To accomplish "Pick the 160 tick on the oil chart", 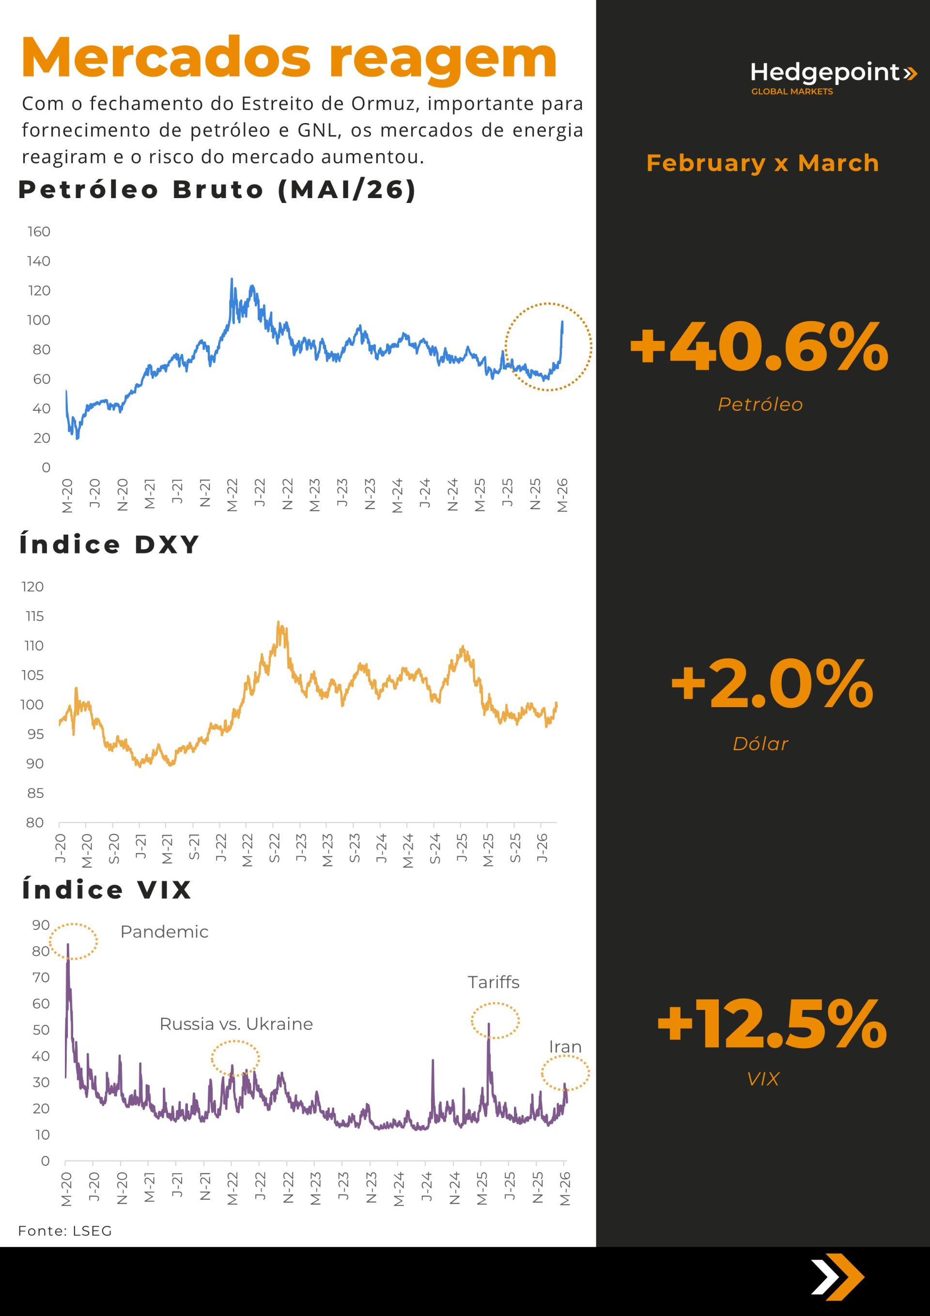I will click(39, 232).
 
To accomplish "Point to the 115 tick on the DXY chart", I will click(34, 616).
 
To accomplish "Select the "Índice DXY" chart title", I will click(109, 544).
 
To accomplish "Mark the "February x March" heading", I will click(762, 163).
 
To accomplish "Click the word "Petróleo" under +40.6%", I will click(760, 404).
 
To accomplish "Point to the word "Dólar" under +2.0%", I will click(760, 744).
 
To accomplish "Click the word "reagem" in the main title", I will click(443, 59).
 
